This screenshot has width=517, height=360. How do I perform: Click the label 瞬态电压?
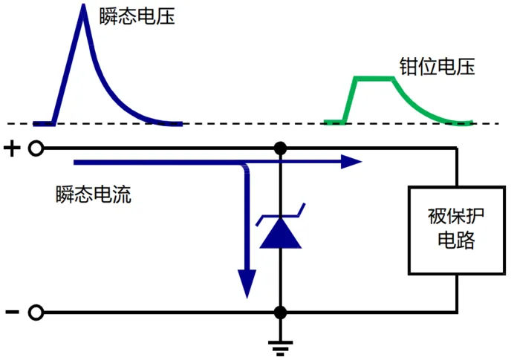(137, 16)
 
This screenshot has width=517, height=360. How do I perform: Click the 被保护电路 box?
(456, 229)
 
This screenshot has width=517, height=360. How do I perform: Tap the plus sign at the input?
(12, 149)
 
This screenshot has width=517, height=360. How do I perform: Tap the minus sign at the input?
(12, 312)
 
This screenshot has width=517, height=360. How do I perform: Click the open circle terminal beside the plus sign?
(35, 149)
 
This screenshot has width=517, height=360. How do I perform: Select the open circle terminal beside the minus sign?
(35, 312)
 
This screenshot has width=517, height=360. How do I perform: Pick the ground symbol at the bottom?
(280, 347)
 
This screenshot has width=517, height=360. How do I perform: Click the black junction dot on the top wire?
(280, 149)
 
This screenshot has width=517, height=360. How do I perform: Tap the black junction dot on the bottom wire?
(280, 312)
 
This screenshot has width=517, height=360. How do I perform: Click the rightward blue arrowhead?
(351, 161)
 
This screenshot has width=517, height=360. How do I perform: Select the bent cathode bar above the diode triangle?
(280, 217)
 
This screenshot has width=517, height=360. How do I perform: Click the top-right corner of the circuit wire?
(456, 149)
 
